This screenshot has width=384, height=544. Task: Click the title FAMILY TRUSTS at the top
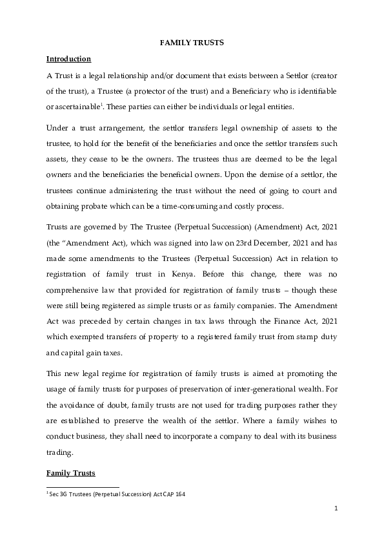[x=192, y=43]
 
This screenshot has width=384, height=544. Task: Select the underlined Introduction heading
[x=68, y=59]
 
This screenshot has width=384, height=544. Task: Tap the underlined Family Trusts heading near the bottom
[x=70, y=473]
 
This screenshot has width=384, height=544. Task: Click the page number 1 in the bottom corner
[x=336, y=509]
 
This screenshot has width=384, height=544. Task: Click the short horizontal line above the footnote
[x=83, y=487]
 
